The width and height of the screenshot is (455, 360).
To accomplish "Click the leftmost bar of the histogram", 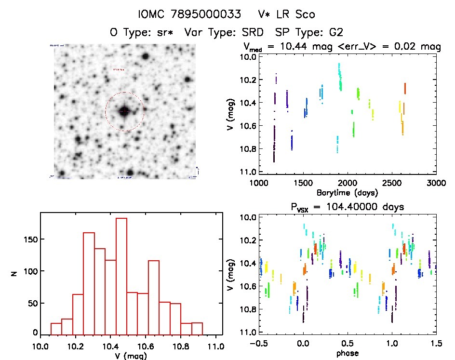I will [56, 329].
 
